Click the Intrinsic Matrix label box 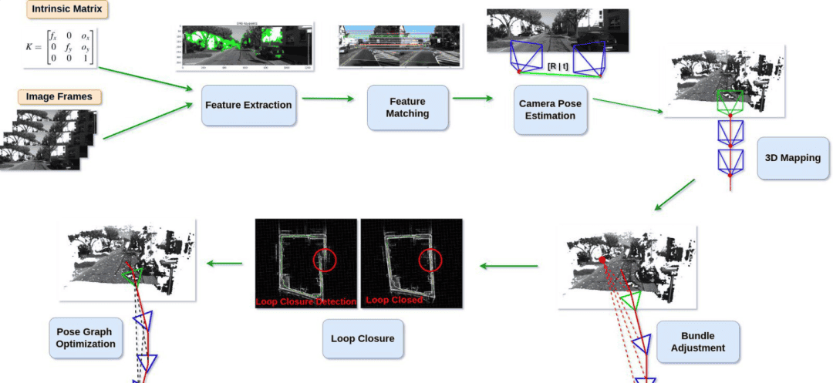(66, 10)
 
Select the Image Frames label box (60, 96)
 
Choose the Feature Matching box (408, 107)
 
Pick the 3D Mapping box (792, 158)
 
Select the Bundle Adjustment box (698, 341)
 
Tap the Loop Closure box (363, 338)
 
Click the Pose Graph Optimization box (86, 338)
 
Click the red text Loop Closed (394, 300)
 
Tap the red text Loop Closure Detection (306, 301)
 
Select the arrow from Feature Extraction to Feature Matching (327, 98)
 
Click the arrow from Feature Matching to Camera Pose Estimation (472, 98)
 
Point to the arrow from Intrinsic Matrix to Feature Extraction (146, 77)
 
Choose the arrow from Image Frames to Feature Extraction (147, 121)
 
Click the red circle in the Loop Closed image (430, 260)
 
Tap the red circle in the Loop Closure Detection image (325, 260)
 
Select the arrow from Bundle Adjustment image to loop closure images (509, 266)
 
